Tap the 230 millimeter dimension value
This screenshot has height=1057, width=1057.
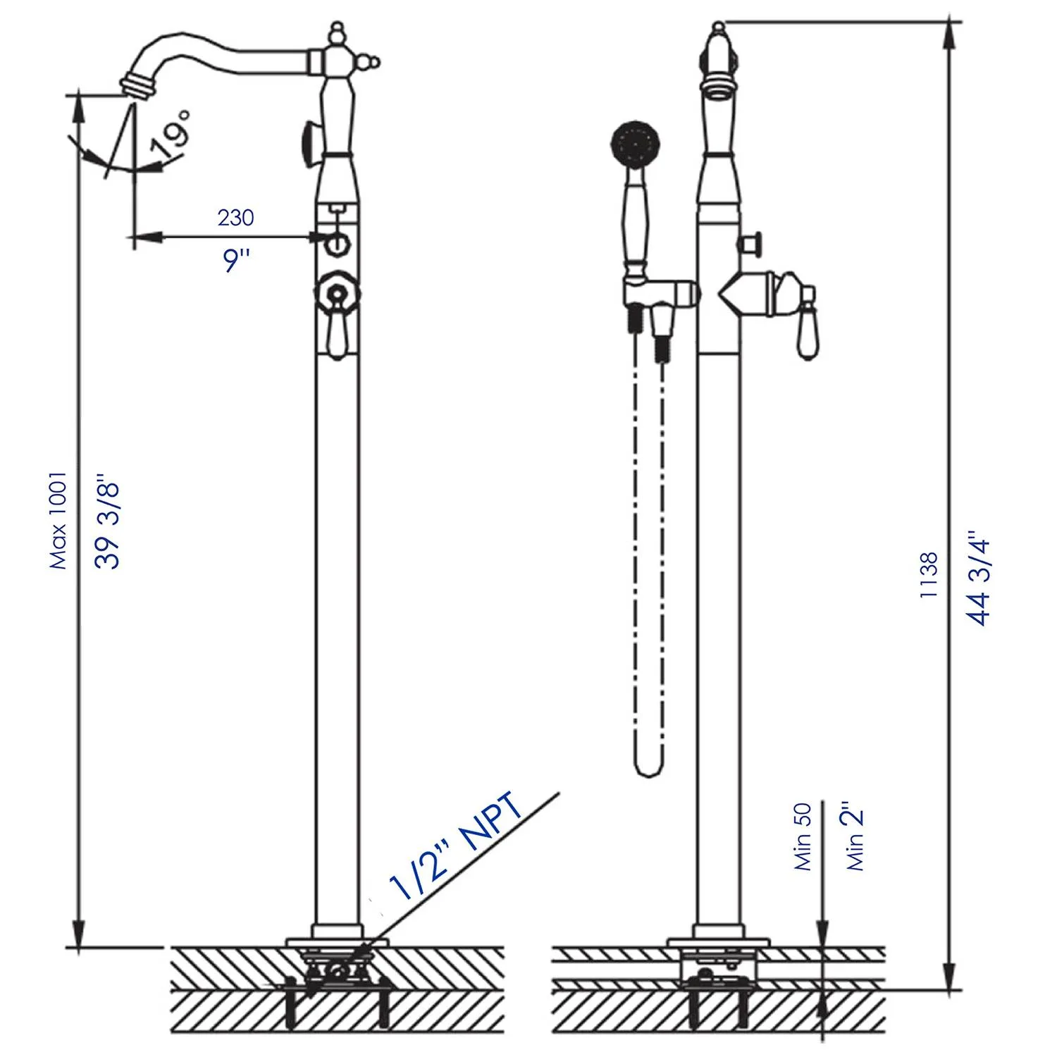point(235,218)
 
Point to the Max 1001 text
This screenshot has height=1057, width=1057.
point(58,521)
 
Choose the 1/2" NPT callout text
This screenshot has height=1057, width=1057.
point(459,846)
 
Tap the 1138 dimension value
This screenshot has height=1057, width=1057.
point(929,575)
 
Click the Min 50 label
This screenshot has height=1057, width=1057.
point(803,836)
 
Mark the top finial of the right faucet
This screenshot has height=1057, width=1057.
point(718,30)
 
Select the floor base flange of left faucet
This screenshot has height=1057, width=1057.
point(337,941)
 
